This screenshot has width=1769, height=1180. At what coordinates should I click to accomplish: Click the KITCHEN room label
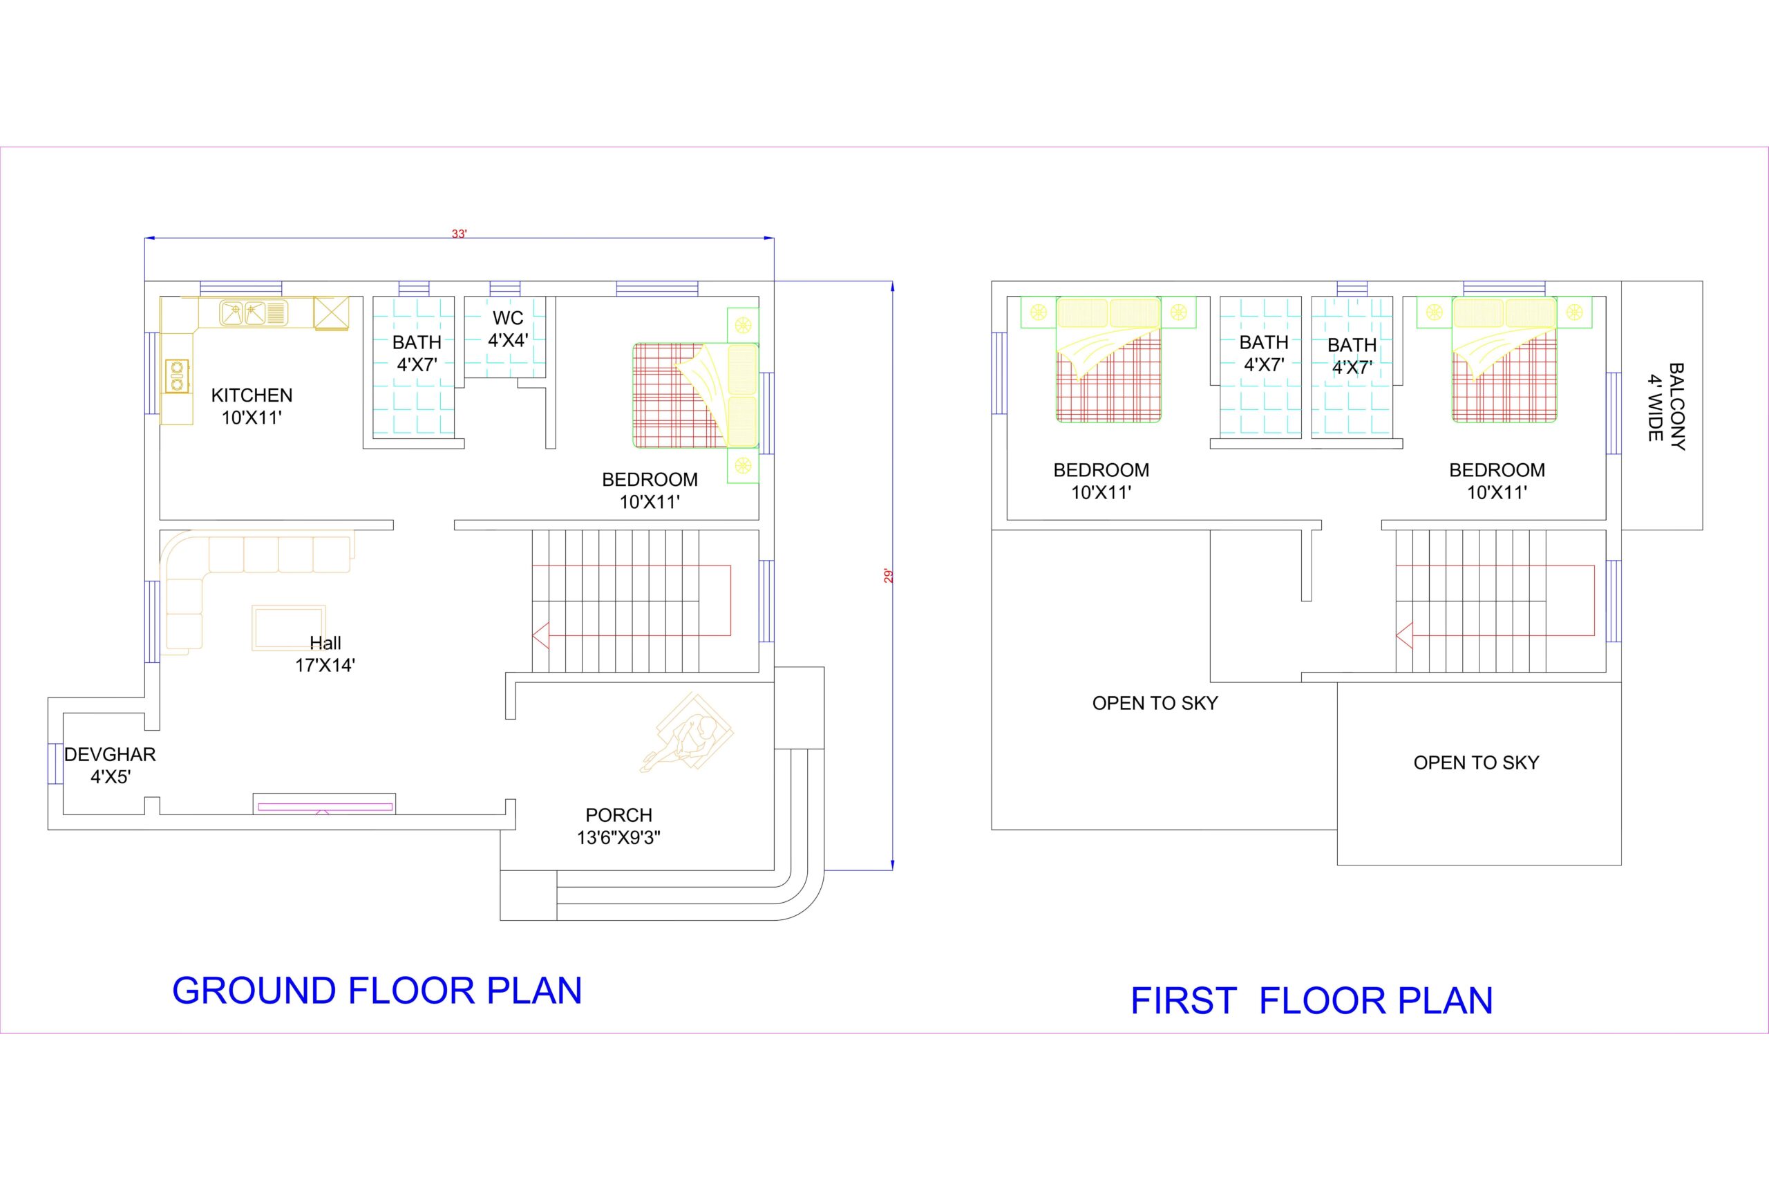252,395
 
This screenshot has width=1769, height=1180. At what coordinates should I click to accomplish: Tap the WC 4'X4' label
509,329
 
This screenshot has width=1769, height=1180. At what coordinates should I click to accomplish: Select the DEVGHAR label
110,755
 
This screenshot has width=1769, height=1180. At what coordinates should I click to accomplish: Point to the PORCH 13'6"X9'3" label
618,826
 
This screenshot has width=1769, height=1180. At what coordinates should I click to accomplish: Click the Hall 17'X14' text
325,654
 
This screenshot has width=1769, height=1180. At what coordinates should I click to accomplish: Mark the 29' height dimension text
888,577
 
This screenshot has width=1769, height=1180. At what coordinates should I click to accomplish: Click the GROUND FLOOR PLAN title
377,991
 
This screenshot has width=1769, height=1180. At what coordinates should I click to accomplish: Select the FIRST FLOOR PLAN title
1312,1001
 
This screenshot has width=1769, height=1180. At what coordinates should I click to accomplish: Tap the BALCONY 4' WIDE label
1666,407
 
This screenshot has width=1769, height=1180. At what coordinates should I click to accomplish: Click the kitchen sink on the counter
254,312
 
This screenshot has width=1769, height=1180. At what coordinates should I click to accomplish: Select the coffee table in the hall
289,628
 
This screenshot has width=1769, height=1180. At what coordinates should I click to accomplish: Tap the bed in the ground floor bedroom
696,396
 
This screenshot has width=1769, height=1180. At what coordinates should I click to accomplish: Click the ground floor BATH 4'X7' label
417,353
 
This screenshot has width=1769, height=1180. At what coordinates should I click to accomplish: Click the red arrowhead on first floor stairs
1404,636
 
